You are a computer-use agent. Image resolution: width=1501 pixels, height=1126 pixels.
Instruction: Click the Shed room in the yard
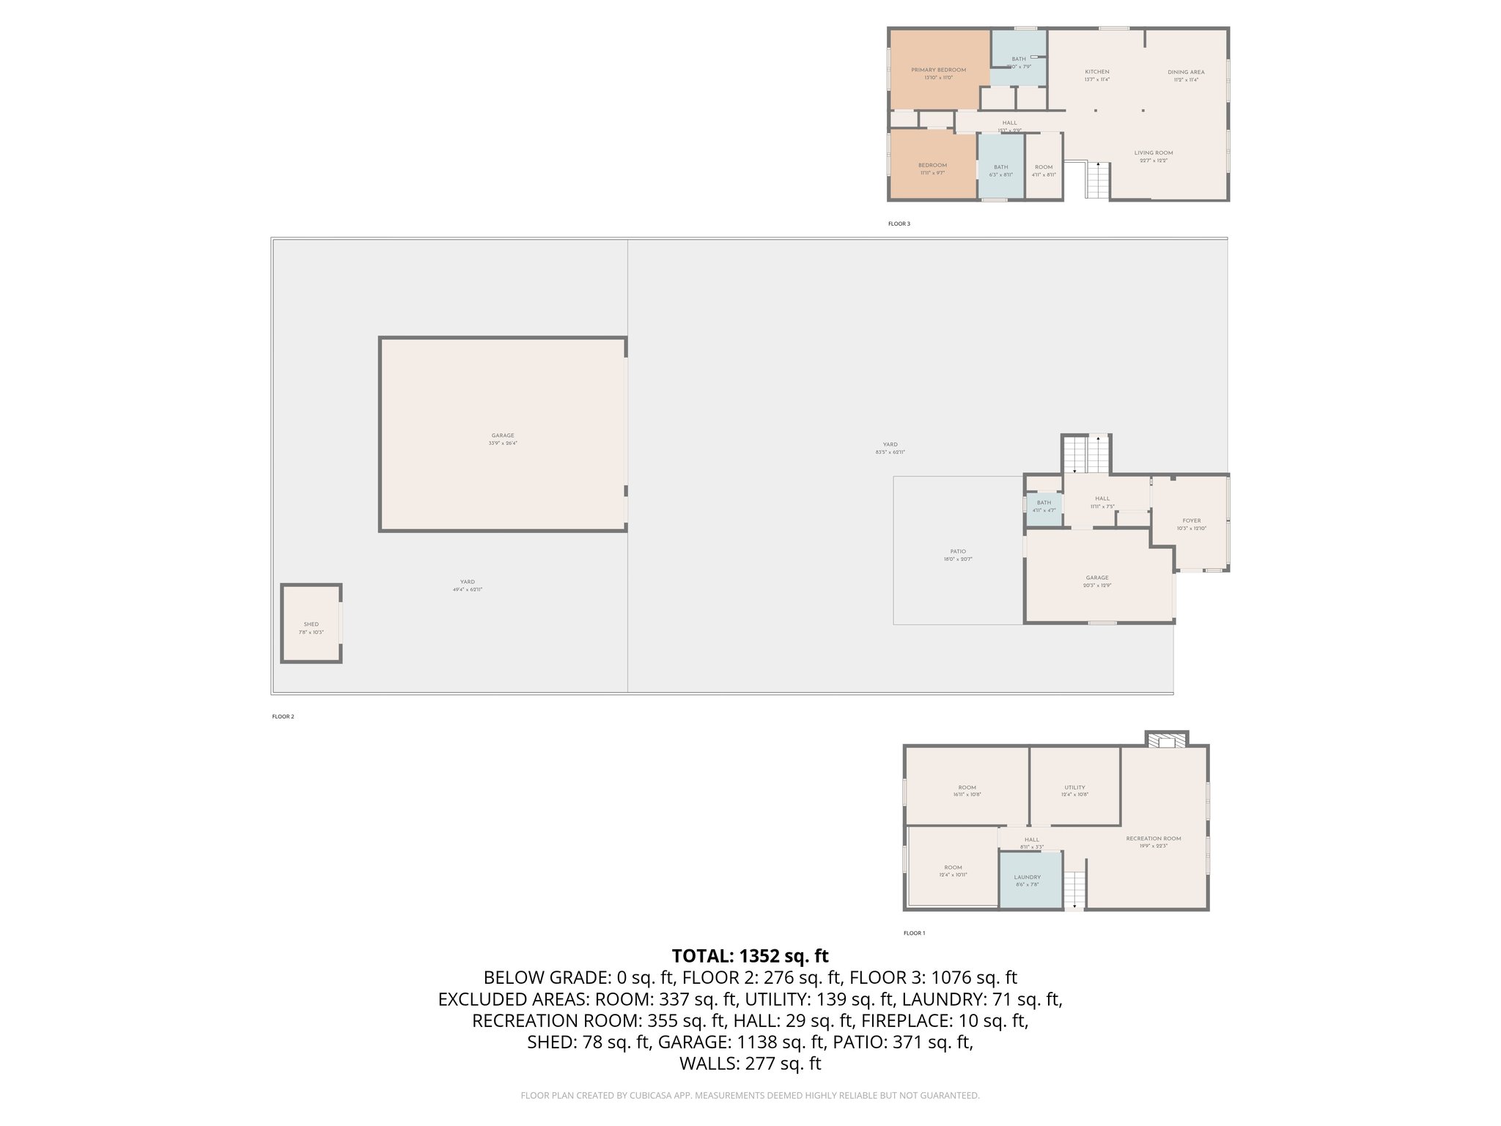[311, 625]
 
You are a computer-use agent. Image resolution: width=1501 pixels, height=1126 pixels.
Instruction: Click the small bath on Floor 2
[1044, 507]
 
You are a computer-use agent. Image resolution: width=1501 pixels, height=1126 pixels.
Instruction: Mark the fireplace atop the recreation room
[1166, 740]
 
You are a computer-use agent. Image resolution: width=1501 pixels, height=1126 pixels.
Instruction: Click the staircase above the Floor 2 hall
[1087, 455]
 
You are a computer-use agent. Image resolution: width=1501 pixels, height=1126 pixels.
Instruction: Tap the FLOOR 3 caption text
[899, 224]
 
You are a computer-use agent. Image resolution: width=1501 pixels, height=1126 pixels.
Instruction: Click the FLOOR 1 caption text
[914, 933]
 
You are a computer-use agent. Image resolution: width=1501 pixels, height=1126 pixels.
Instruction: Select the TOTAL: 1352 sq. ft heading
[750, 956]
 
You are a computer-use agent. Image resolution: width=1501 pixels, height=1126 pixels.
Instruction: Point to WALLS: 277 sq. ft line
[750, 1064]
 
